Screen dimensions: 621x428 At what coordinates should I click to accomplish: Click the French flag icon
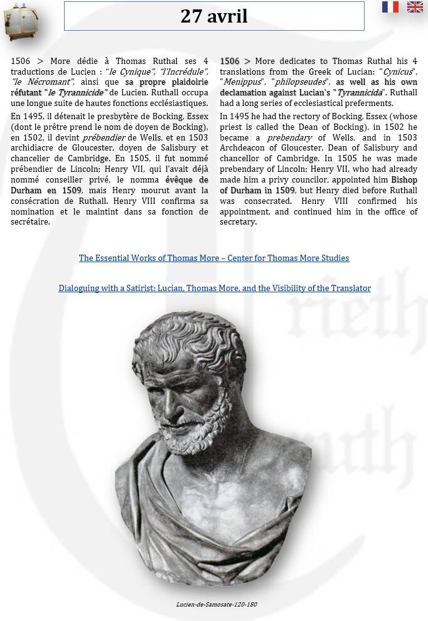click(390, 7)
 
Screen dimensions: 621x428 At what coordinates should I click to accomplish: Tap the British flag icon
click(415, 7)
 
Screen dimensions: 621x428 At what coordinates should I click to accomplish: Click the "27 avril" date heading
click(214, 16)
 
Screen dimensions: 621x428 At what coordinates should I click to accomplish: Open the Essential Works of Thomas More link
click(214, 258)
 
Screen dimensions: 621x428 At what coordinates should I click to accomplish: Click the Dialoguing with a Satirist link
click(215, 288)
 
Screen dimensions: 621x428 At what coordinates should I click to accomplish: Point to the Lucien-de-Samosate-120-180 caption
click(217, 605)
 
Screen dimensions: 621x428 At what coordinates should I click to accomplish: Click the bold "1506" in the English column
click(230, 61)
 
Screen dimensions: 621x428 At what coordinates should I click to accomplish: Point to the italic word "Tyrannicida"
click(360, 93)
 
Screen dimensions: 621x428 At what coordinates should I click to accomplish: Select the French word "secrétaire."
click(30, 221)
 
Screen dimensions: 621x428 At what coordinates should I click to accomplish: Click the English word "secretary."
click(238, 221)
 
